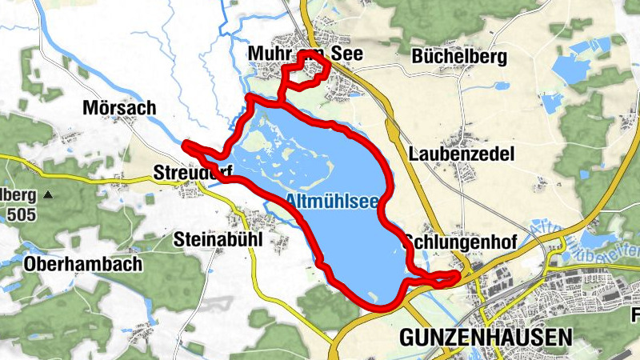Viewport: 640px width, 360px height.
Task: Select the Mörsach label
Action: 119,107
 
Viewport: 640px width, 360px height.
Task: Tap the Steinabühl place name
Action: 218,238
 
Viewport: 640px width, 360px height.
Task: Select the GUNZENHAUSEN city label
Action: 486,337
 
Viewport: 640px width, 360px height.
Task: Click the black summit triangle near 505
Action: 48,194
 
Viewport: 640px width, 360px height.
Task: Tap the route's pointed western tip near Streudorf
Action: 186,145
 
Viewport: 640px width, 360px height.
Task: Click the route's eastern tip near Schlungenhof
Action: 457,276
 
